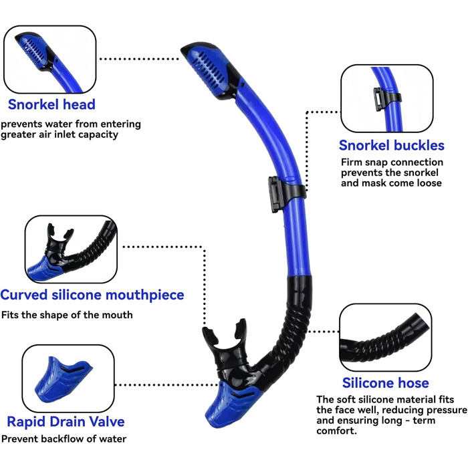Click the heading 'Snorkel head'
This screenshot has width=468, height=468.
click(x=51, y=104)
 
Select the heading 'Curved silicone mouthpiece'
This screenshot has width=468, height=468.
click(x=92, y=295)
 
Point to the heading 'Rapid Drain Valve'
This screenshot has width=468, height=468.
click(x=66, y=421)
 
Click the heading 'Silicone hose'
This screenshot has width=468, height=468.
click(x=385, y=383)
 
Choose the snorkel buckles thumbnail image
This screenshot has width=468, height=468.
click(x=382, y=98)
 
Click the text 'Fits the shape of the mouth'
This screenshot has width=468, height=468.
click(x=67, y=315)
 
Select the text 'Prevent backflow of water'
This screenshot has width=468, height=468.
click(x=64, y=439)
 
